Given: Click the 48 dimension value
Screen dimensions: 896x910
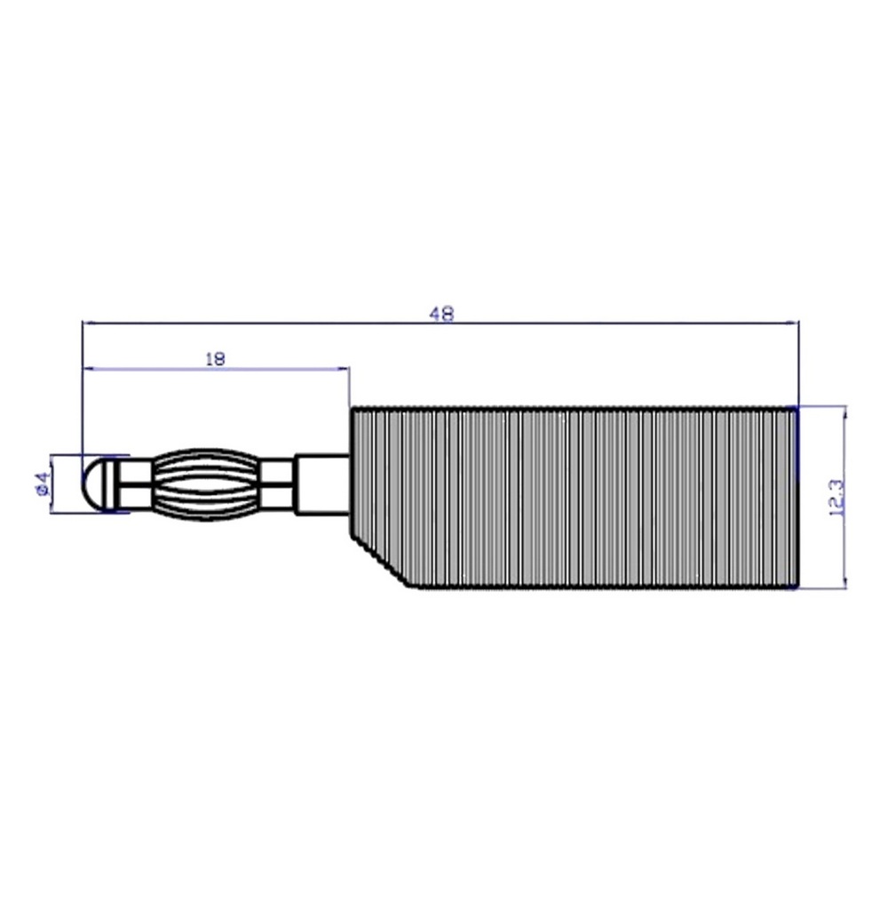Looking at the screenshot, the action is (x=441, y=314).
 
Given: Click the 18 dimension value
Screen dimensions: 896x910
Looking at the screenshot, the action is (x=215, y=359).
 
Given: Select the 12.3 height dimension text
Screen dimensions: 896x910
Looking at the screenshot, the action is (x=837, y=499).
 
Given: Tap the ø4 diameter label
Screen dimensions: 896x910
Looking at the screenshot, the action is (x=42, y=484).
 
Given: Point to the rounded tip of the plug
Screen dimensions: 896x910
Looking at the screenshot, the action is (x=92, y=484).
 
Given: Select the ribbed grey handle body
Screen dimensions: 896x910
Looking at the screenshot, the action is (x=575, y=498).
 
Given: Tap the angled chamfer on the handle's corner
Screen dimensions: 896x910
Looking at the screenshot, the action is (x=383, y=562).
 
